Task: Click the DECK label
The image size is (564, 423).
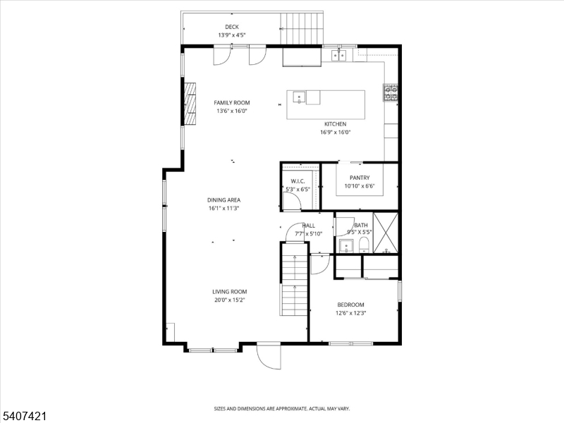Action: coord(232,27)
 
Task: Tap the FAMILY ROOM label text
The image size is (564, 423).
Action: coord(232,103)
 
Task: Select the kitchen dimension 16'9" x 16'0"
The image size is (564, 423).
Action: coord(336,132)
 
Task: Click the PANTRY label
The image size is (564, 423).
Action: coord(360,178)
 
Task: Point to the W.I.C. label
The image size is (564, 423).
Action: coord(297,180)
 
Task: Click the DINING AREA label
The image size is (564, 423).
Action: coord(224,200)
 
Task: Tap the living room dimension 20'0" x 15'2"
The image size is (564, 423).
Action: coord(230,300)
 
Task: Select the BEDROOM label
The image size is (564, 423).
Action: coord(351,305)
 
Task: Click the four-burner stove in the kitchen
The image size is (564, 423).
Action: coord(391,92)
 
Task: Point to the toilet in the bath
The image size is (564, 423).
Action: coord(364,245)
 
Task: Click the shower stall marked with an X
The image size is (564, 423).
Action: coord(386,233)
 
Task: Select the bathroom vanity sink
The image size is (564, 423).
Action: coord(345,246)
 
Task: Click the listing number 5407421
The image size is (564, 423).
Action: coord(24,417)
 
